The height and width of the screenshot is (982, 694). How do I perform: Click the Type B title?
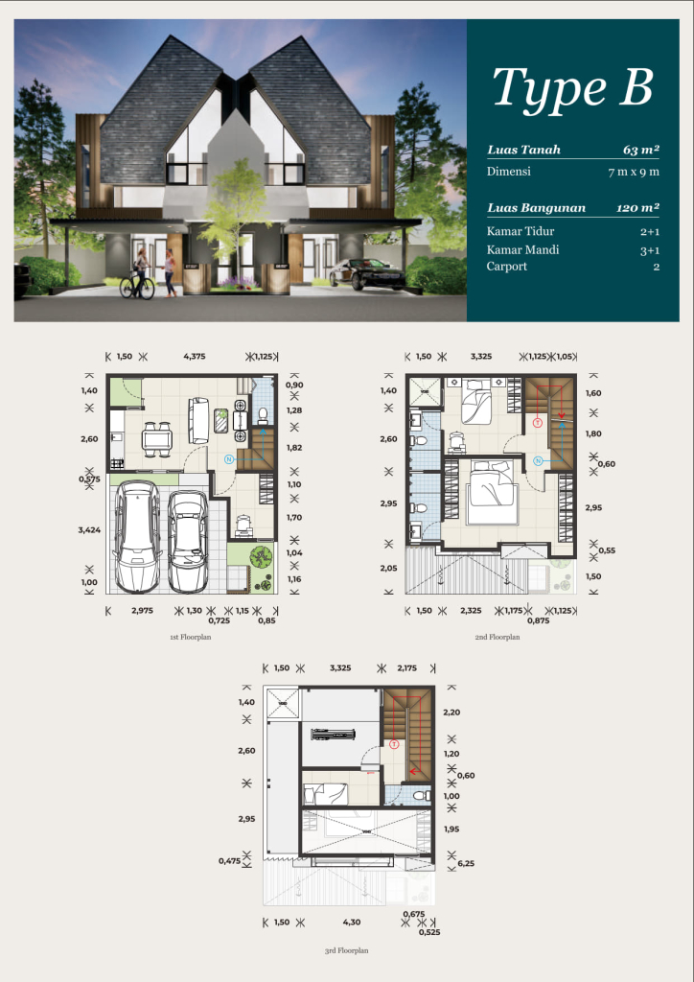(573, 89)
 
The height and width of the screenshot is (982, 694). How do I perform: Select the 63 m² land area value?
(641, 150)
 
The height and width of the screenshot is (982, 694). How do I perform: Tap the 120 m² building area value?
(637, 208)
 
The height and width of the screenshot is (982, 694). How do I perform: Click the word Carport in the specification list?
(507, 267)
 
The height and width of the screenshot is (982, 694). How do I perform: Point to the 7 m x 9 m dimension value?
(634, 172)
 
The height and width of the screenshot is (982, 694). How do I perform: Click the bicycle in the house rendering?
(137, 285)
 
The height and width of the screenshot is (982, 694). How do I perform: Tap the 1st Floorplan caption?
(190, 637)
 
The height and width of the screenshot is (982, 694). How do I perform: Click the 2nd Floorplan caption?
(497, 637)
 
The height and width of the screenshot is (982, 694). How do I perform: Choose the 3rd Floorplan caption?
(346, 950)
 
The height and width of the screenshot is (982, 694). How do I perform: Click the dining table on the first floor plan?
(156, 438)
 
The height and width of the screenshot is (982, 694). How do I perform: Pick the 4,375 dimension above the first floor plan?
(194, 357)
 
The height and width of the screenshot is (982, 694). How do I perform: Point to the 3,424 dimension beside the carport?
(89, 529)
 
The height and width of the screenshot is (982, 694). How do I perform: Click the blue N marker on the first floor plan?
(229, 459)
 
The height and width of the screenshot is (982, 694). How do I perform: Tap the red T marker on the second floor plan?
(537, 423)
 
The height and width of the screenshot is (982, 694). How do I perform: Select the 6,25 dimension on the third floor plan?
(466, 863)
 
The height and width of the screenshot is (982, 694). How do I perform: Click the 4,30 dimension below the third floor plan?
(352, 922)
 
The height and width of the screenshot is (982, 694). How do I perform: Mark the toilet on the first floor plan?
(263, 415)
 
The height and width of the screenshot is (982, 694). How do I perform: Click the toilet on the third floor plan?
(423, 795)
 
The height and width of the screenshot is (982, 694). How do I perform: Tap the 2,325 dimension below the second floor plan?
(471, 611)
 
